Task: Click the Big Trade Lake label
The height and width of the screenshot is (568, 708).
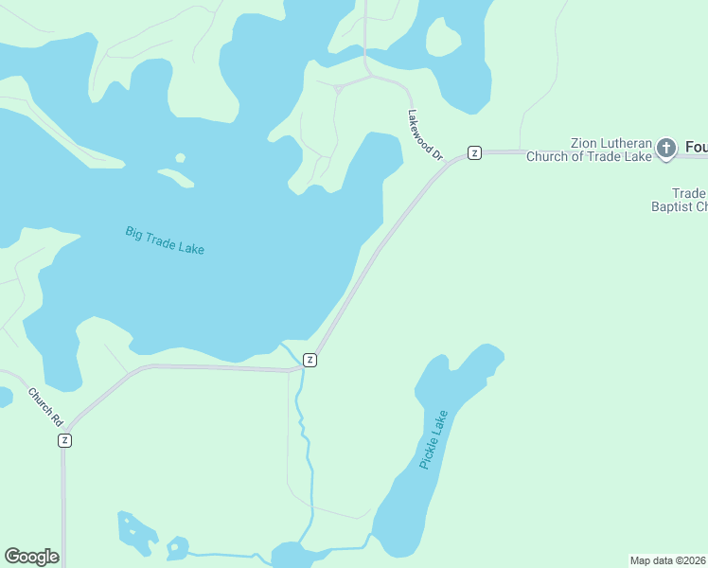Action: pos(165,239)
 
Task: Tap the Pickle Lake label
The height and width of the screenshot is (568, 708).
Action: pos(433,439)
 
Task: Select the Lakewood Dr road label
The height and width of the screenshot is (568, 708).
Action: pos(425,133)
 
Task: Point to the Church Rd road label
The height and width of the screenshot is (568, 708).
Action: pos(44,406)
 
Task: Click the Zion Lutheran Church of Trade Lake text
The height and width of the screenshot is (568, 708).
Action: pos(590,149)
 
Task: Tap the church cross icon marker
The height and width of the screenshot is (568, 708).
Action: pos(667,148)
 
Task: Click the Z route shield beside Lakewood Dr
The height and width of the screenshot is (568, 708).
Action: pos(475,152)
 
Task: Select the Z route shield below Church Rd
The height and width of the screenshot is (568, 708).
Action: pos(64,440)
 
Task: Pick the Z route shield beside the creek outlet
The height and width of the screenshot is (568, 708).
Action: pos(310,360)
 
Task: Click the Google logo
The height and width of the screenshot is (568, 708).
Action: pos(31,557)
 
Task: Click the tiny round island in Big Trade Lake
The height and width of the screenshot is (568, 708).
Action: pos(180,158)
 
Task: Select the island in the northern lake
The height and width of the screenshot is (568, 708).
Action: pos(442,37)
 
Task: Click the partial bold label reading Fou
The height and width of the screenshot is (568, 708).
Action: pos(696,148)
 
